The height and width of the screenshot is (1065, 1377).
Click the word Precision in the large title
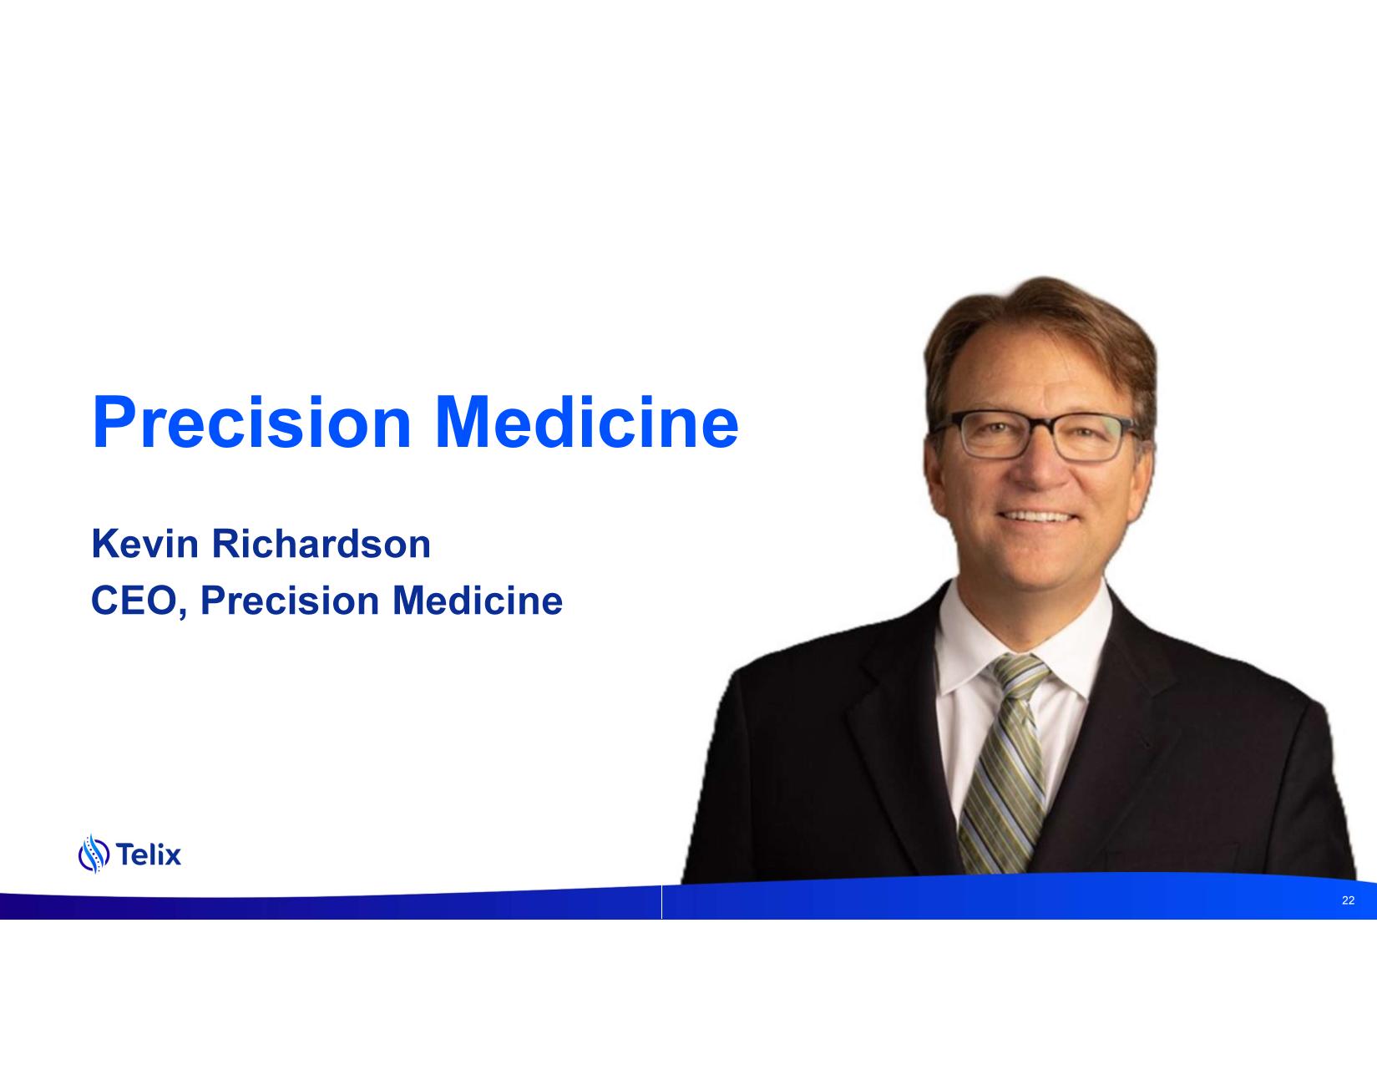251,422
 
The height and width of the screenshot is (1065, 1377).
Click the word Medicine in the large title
587,422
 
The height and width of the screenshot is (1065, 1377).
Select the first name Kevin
145,544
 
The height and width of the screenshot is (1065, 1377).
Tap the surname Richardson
321,544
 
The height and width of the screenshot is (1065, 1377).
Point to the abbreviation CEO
134,600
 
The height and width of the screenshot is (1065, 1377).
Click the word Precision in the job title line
290,600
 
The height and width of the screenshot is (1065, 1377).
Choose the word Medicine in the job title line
478,600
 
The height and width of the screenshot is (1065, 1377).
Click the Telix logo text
149,855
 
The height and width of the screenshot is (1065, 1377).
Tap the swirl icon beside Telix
94,854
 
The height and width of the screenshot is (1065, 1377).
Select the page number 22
1348,900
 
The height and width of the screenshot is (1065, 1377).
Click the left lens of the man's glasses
995,435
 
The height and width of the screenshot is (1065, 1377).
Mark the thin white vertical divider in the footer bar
661,901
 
